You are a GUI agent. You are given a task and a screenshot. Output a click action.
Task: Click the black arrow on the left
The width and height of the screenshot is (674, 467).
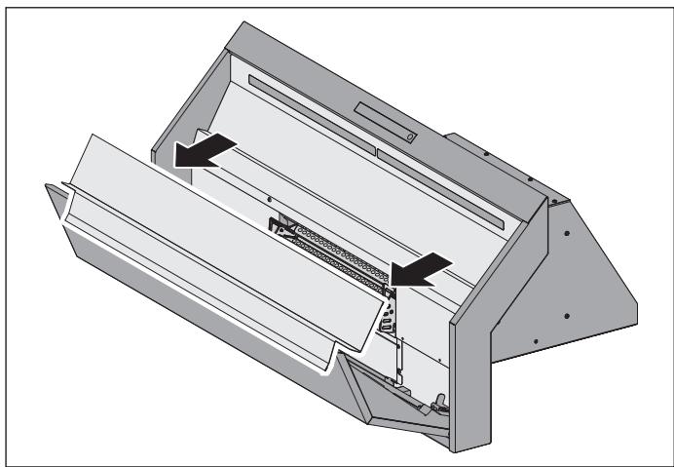tap(204, 151)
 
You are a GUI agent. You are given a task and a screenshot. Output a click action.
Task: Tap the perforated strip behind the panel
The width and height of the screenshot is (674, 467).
tap(331, 249)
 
